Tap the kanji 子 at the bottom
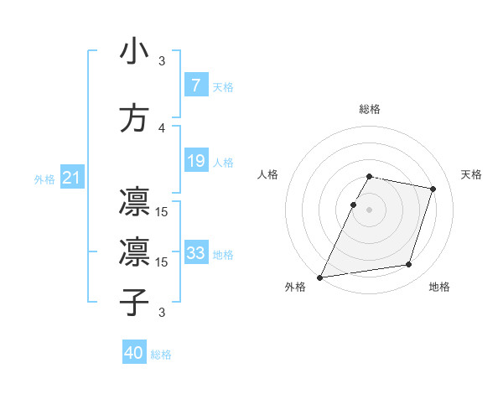(134, 301)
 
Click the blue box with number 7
(195, 86)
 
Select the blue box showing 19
(195, 161)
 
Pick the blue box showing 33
(195, 253)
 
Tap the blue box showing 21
(71, 178)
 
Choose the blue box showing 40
(134, 354)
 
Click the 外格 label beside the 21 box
(44, 179)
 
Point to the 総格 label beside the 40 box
(161, 355)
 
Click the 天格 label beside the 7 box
(223, 86)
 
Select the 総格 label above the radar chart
(369, 109)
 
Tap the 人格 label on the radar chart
(268, 174)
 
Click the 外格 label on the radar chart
(295, 287)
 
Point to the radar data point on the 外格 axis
(319, 277)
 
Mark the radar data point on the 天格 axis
(433, 189)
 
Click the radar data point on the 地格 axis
(409, 265)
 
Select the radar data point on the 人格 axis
(353, 205)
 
